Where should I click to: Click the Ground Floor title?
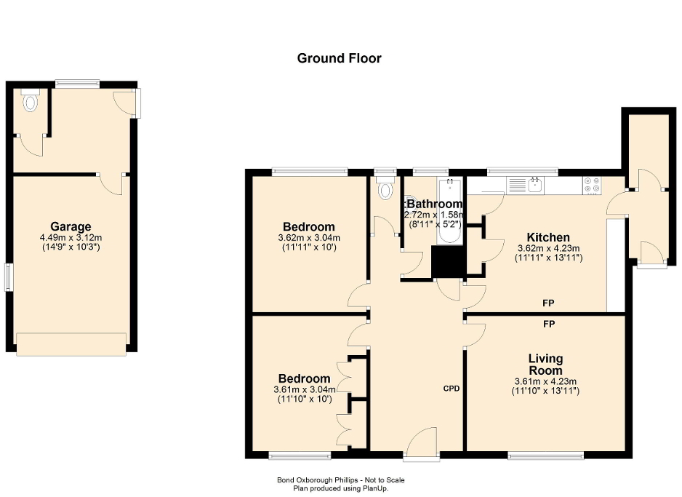339,58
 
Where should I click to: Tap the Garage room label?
71,226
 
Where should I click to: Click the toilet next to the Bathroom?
385,190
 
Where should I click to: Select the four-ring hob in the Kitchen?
592,185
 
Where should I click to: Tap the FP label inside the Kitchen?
547,302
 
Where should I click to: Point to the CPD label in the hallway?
452,389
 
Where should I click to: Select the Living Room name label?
545,365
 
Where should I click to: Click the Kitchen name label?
547,237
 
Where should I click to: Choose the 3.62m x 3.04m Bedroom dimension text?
309,238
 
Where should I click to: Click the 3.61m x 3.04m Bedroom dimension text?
305,389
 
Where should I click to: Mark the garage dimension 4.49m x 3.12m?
71,237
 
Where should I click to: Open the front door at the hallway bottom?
422,446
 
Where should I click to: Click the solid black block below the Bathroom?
448,262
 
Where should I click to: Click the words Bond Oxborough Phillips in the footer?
313,480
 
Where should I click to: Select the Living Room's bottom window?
545,456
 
